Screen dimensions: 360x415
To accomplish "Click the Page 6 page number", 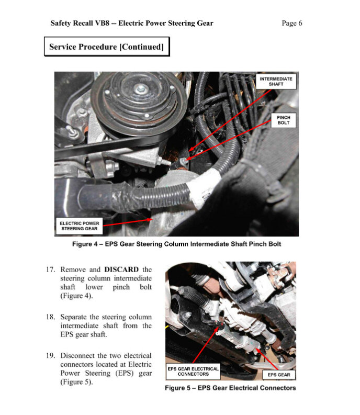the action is (291, 24).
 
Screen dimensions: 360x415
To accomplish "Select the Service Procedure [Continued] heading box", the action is (107, 47).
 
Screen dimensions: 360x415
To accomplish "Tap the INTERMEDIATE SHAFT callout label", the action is (276, 82).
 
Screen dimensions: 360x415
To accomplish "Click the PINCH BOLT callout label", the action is (283, 120).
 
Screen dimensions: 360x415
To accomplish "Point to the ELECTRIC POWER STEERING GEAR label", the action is (80, 226).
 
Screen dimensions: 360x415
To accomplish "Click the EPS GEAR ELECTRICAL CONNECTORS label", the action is (193, 372).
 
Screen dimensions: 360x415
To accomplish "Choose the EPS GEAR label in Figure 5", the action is (279, 375).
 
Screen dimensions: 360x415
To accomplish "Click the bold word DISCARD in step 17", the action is (121, 270).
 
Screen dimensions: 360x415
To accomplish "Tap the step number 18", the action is (51, 317).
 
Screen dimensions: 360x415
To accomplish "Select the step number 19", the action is (51, 355).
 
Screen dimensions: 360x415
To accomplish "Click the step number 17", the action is (51, 270).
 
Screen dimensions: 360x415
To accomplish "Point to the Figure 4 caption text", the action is (176, 244).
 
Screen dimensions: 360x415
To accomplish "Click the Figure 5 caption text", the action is (230, 388).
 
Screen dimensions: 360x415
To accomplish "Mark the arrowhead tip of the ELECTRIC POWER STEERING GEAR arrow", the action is (153, 219).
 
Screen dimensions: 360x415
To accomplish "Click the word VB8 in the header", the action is (102, 24).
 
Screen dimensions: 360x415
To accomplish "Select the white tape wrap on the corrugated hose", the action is (204, 188).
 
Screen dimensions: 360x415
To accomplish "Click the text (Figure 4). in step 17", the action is (76, 296).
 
